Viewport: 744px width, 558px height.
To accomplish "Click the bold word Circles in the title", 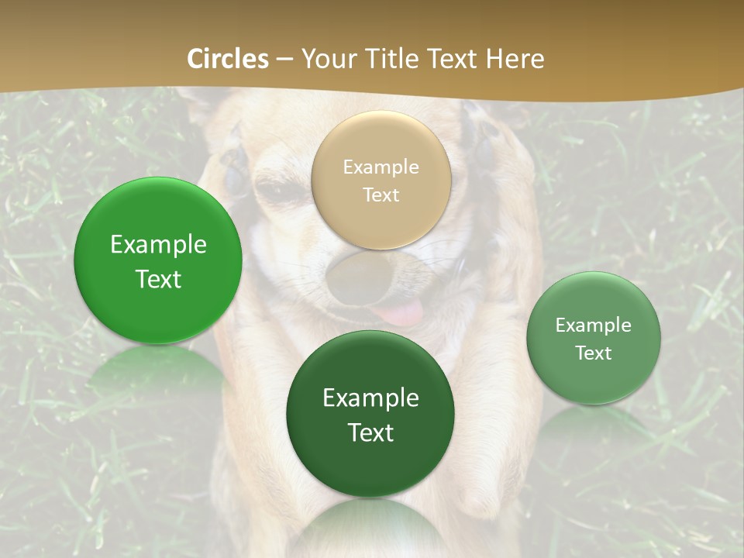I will pyautogui.click(x=228, y=59).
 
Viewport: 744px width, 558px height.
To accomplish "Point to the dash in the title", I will pyautogui.click(x=284, y=60).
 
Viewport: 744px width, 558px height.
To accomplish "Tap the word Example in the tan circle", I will pyautogui.click(x=381, y=167).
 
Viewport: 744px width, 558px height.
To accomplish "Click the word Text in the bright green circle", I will pyautogui.click(x=158, y=279).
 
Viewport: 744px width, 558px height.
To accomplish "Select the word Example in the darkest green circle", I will pyautogui.click(x=370, y=398).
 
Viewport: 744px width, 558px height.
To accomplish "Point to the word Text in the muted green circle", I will pyautogui.click(x=594, y=353).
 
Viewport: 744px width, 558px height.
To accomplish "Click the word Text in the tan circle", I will pyautogui.click(x=381, y=195).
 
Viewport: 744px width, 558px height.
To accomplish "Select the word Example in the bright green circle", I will pyautogui.click(x=158, y=245).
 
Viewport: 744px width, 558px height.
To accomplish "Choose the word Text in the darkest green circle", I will pyautogui.click(x=370, y=432).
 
